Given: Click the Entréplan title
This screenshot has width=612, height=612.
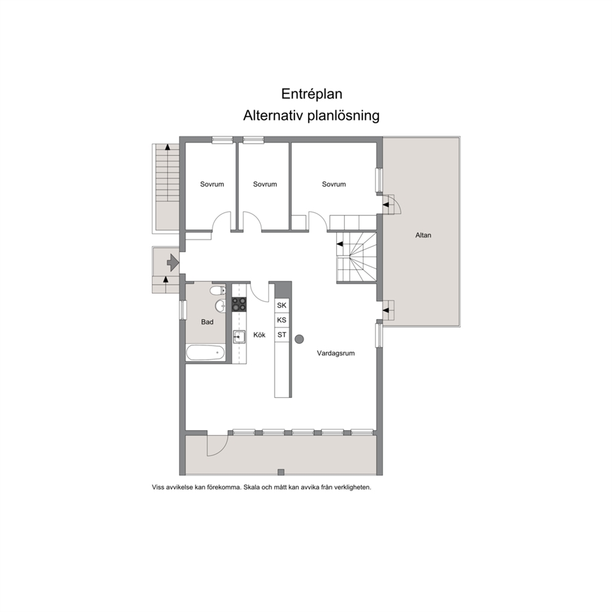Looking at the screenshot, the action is click(x=312, y=94).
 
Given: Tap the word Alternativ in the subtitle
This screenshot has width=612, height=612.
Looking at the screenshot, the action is click(x=273, y=115).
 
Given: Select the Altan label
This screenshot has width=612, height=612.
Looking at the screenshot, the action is click(x=423, y=235).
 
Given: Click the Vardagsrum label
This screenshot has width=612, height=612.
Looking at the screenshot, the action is click(x=336, y=354).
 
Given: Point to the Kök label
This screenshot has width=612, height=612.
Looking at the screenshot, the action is click(x=259, y=335).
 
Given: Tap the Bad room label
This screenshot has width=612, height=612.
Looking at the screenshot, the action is click(x=207, y=322).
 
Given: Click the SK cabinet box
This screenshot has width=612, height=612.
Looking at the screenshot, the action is click(x=282, y=305).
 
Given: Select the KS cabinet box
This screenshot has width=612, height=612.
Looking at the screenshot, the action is click(x=282, y=320).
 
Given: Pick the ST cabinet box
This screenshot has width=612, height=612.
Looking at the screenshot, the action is click(x=282, y=335).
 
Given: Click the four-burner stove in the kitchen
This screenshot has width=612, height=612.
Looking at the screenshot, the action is click(x=239, y=304).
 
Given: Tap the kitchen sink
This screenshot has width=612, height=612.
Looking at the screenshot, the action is click(x=239, y=336).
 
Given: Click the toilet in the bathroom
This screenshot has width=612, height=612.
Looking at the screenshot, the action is click(x=218, y=291).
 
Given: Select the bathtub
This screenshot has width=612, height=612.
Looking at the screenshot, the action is click(x=205, y=353).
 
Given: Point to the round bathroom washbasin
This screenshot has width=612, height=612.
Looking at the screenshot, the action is click(x=220, y=306).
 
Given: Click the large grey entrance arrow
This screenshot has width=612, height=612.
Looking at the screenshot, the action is click(x=173, y=263).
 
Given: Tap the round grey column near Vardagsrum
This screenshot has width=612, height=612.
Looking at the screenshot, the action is click(x=299, y=339).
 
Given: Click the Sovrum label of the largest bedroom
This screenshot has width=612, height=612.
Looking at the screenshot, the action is click(x=334, y=184).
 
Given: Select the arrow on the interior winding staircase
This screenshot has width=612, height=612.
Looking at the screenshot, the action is click(x=340, y=244).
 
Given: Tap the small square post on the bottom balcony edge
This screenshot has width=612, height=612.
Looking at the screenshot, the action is click(x=281, y=473).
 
